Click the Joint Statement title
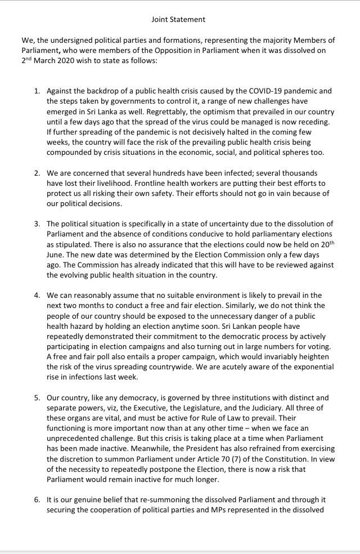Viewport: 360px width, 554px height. (178, 19)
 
